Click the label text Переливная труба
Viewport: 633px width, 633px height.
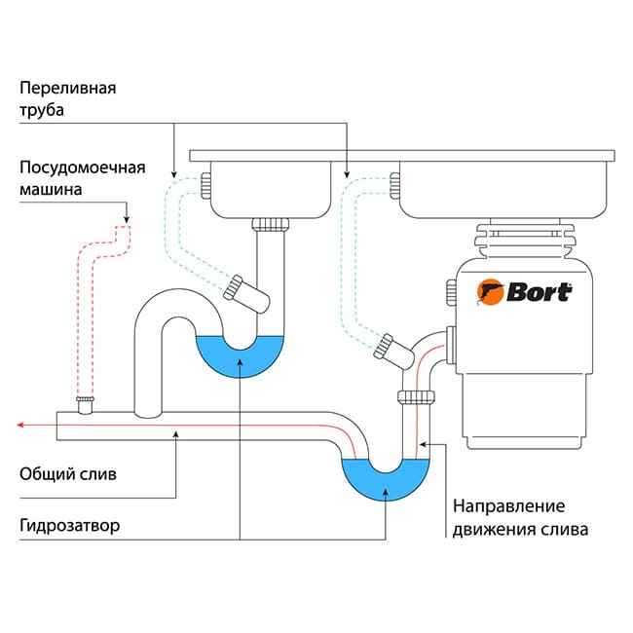point(67,98)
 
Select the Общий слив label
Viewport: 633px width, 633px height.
point(67,474)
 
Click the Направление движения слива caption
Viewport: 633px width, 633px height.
point(520,518)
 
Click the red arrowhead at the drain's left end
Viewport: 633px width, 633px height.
point(21,425)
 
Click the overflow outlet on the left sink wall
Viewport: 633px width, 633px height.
point(205,182)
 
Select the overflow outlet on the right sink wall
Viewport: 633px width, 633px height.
point(395,182)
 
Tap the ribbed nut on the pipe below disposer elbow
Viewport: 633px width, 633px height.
point(416,395)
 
